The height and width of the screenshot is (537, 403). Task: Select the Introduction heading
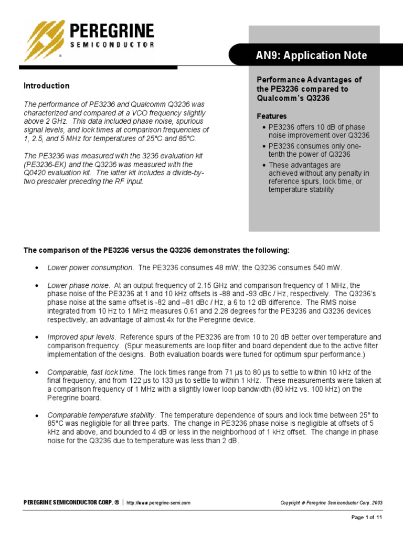pos(47,85)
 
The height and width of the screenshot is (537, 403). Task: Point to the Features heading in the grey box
pos(271,116)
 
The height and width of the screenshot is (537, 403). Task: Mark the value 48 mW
pos(224,267)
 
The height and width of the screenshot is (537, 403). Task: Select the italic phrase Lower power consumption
pos(90,267)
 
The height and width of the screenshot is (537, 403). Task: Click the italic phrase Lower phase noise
pos(78,285)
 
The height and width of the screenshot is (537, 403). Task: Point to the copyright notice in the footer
pos(332,502)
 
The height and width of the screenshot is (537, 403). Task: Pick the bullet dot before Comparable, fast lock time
pos(36,372)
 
